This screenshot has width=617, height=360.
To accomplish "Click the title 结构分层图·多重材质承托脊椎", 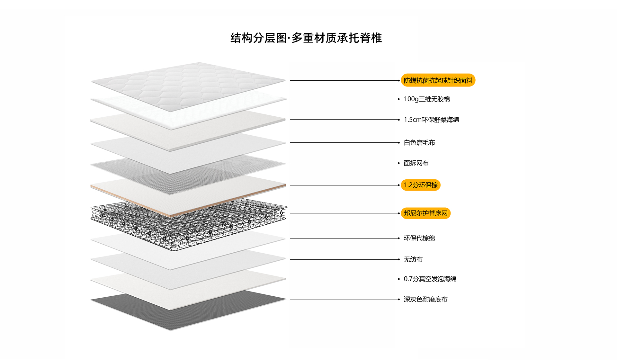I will point(306,38).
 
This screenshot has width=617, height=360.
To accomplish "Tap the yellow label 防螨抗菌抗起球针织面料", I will point(438,80).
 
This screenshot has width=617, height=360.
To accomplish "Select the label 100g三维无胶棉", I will point(426,99).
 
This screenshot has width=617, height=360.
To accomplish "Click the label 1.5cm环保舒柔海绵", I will point(431,120).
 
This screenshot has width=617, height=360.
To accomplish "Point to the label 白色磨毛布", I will point(419,143).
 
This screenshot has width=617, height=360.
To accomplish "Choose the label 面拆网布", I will point(416,163).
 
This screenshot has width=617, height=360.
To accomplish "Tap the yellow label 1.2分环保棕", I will point(420,185).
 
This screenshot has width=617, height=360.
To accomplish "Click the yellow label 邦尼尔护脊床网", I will point(425,213).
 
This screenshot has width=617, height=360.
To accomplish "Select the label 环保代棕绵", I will point(419,238).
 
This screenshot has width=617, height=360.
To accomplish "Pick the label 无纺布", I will point(413,259).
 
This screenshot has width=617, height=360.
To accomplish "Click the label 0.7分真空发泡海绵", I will point(430,279).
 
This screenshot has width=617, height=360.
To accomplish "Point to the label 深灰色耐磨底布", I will point(425,300).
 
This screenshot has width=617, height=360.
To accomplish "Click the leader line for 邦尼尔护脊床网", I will point(344,213).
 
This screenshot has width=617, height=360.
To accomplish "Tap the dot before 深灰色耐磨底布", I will point(399,300).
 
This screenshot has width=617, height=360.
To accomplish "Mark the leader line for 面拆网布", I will point(344,163).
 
